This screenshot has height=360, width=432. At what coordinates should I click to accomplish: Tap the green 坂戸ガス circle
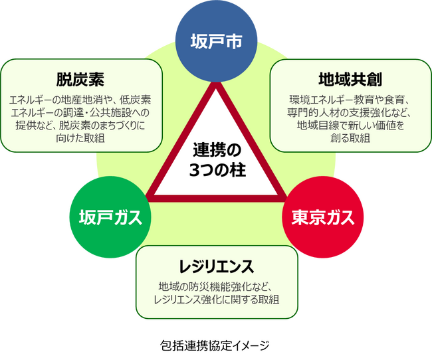[109, 217]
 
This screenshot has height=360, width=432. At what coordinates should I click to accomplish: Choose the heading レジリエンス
[217, 266]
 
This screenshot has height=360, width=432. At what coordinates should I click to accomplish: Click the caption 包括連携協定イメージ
[216, 345]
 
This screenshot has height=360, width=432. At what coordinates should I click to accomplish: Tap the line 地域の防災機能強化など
[217, 287]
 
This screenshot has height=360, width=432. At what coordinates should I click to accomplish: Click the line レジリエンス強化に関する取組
[217, 300]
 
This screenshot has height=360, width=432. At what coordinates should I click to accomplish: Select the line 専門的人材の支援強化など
[350, 112]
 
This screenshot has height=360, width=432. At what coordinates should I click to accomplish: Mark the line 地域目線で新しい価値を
[350, 125]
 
